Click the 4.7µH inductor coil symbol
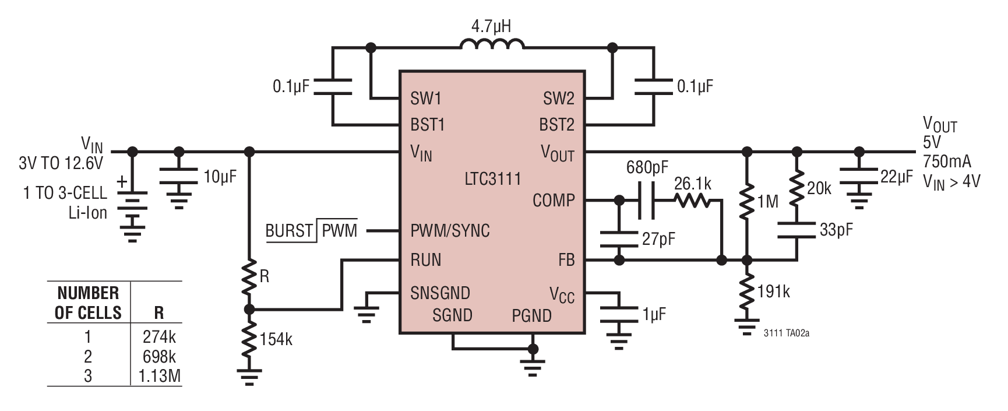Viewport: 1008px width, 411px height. tap(492, 45)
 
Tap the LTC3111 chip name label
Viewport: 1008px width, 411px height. tap(492, 178)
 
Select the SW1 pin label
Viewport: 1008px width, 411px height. tap(427, 99)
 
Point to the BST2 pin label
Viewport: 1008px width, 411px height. tap(556, 125)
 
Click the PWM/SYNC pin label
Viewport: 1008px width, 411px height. tap(450, 231)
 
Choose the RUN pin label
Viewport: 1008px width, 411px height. tap(425, 260)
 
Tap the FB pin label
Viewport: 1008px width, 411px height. tap(566, 260)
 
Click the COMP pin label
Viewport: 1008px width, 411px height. tap(554, 201)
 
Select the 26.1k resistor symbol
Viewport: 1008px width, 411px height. tap(692, 201)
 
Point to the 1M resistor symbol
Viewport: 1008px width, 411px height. tap(746, 201)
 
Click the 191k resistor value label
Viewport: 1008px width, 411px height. tap(773, 291)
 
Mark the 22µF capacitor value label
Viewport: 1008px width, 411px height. tap(897, 177)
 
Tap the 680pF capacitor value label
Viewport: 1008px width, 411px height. tap(647, 168)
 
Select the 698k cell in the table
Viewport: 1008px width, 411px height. tap(159, 356)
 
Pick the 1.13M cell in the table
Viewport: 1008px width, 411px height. tap(160, 376)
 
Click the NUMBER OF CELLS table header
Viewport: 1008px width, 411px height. tap(88, 303)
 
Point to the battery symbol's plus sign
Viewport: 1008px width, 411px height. tap(122, 182)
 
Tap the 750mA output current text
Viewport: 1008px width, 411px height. tap(947, 161)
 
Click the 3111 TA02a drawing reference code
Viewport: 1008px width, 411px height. tap(787, 333)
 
